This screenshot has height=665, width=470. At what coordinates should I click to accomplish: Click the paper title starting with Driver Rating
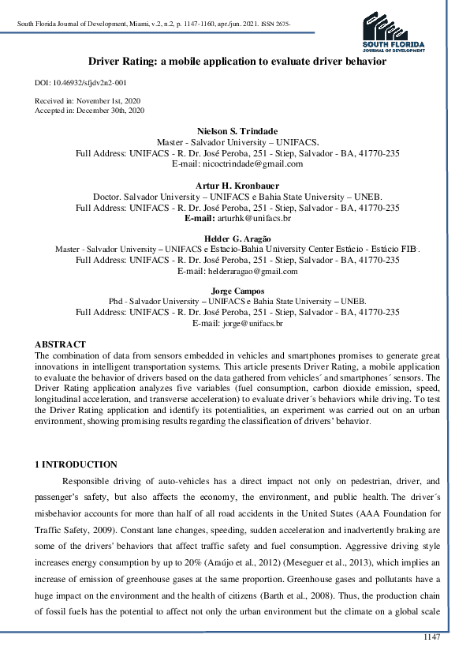[x=237, y=61]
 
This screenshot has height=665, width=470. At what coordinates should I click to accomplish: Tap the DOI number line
[x=80, y=82]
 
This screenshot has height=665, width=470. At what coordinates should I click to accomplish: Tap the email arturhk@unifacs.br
[x=253, y=217]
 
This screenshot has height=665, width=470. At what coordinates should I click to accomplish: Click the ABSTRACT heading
[x=60, y=344]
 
